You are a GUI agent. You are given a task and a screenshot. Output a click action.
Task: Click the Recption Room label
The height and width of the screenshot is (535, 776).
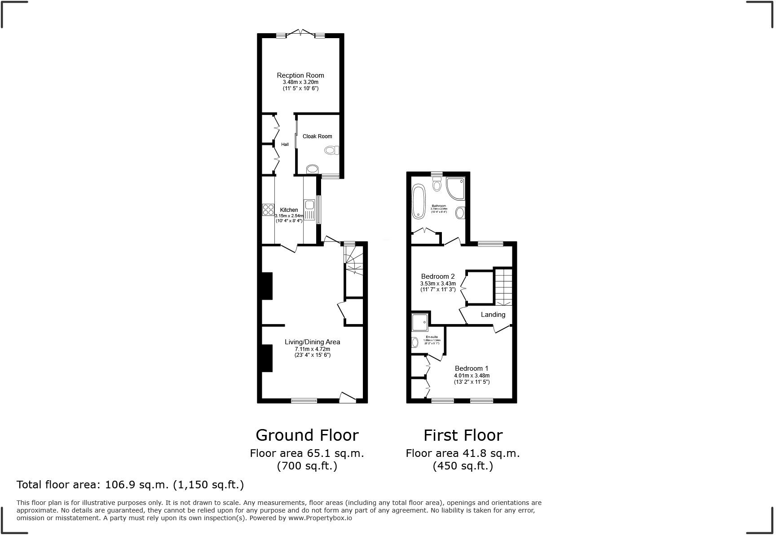tap(300, 75)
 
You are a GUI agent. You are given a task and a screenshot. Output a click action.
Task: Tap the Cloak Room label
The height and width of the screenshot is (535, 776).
tap(317, 136)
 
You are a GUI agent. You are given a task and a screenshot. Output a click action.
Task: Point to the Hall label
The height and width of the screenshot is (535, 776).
tap(285, 145)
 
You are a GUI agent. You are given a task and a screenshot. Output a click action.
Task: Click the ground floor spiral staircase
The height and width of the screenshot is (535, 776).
tap(353, 261)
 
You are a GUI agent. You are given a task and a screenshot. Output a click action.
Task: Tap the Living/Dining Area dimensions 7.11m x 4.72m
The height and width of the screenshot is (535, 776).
tap(312, 349)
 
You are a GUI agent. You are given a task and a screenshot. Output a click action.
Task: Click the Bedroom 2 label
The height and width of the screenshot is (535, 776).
tap(437, 276)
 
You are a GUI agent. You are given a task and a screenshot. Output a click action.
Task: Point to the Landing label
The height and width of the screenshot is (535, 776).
tap(493, 315)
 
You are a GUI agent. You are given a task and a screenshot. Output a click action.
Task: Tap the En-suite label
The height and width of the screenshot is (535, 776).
tap(432, 337)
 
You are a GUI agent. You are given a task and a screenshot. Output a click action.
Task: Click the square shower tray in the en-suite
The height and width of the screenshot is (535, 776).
tap(420, 321)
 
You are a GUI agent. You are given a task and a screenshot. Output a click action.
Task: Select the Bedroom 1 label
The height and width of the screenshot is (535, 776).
tap(471, 368)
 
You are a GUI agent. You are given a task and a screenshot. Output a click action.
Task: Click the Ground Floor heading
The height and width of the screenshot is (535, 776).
tap(307, 435)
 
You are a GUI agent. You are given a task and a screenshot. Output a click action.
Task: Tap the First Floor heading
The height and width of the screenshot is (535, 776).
tap(463, 435)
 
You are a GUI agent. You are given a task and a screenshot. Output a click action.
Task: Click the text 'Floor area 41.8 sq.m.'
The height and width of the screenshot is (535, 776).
tap(463, 453)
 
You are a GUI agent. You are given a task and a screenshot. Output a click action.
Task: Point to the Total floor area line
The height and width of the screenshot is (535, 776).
tap(130, 485)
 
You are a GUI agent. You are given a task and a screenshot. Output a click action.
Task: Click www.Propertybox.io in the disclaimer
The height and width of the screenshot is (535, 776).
tap(320, 518)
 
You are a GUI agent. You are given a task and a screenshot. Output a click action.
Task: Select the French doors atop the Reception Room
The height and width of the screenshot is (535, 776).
tap(300, 33)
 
